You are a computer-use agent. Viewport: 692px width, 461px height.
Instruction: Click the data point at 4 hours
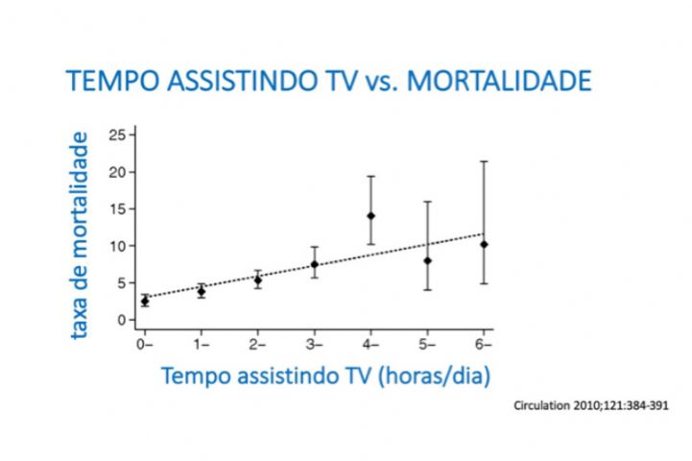370,216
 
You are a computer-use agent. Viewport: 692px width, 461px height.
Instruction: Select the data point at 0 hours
145,302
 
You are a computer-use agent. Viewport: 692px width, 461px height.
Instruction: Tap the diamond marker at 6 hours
484,245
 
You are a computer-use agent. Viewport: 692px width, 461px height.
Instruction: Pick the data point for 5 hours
427,261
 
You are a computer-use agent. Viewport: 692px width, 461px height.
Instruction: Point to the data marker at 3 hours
314,264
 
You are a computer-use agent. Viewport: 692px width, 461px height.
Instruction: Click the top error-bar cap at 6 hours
484,161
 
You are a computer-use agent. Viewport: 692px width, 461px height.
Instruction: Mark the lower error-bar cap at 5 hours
427,290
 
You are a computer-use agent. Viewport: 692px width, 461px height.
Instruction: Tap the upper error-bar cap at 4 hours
370,176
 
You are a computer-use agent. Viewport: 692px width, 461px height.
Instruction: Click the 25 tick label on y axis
117,134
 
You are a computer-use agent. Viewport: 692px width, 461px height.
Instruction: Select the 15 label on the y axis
117,208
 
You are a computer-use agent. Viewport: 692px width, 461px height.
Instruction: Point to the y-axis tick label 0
121,320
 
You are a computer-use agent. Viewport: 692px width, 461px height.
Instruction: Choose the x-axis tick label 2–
257,345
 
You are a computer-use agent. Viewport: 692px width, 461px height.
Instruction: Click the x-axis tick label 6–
484,345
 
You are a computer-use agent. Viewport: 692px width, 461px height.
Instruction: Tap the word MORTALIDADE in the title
499,81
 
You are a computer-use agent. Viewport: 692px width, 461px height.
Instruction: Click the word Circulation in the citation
541,405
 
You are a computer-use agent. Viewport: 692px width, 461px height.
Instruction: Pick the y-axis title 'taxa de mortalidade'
80,235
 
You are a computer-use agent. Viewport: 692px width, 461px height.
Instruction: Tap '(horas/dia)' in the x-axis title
434,376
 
